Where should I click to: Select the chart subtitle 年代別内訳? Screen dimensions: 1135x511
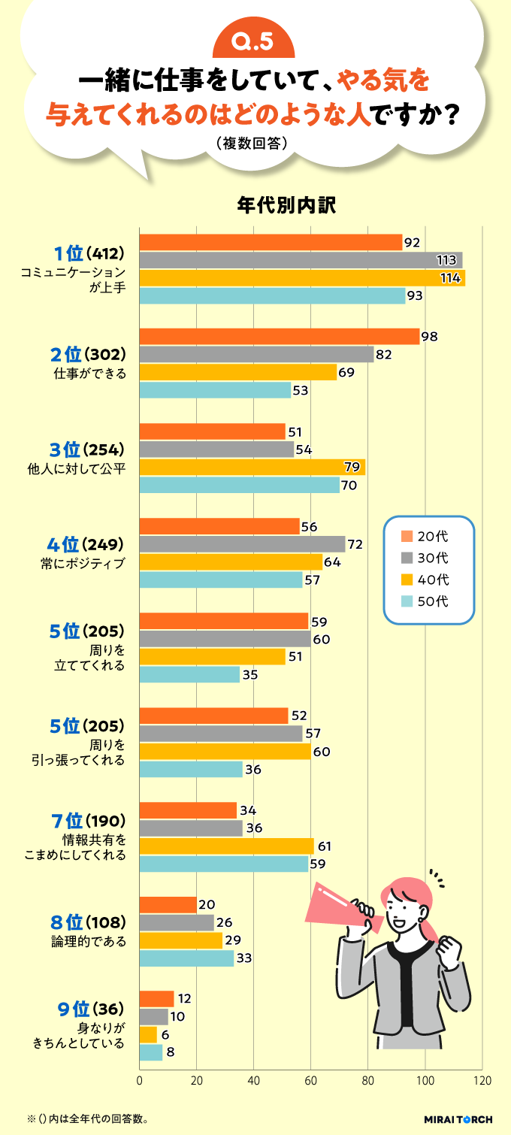pos(255,204)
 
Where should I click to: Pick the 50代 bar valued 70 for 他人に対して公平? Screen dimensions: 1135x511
pos(240,485)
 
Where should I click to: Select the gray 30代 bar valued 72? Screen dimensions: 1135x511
pos(243,543)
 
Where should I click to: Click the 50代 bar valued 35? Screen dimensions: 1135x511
pos(190,674)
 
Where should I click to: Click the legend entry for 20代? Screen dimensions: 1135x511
pos(428,537)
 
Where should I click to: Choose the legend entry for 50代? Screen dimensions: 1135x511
pos(428,601)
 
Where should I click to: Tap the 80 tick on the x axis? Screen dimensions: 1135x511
pos(368,1081)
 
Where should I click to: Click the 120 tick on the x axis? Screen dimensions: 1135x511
pos(482,1081)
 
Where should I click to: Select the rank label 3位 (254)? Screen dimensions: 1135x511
pos(86,450)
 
